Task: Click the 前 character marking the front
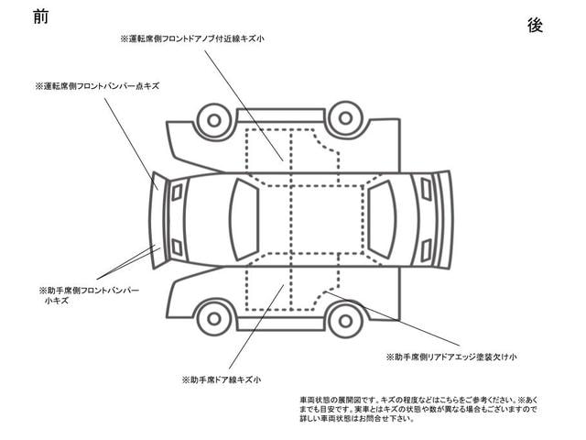pos(40,16)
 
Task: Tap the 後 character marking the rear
pos(535,26)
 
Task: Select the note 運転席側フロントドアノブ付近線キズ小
pos(192,38)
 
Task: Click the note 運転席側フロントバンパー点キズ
pos(97,86)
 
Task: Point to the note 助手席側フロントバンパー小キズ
pos(89,295)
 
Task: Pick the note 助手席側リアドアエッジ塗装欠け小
pos(451,357)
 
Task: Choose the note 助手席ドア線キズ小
pos(222,380)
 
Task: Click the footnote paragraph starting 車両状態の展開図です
pos(418,410)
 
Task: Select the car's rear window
pos(382,220)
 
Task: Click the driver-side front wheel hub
pos(214,120)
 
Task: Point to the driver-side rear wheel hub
pos(345,118)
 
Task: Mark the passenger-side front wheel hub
pos(214,319)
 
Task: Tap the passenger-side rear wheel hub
pos(345,321)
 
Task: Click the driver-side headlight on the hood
pos(177,192)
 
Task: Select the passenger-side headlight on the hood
pos(177,247)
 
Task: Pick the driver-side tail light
pos(426,189)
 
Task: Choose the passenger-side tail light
pos(426,250)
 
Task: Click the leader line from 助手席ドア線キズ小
pos(256,327)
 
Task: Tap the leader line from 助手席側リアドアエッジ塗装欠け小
pos(392,318)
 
